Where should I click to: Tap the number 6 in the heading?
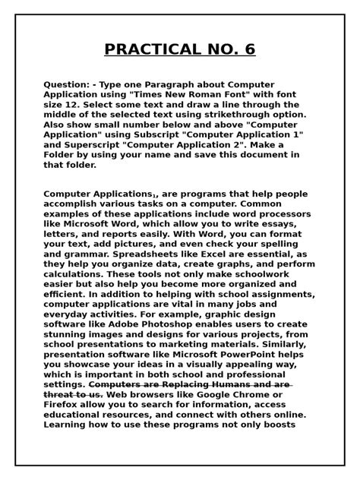(248, 50)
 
